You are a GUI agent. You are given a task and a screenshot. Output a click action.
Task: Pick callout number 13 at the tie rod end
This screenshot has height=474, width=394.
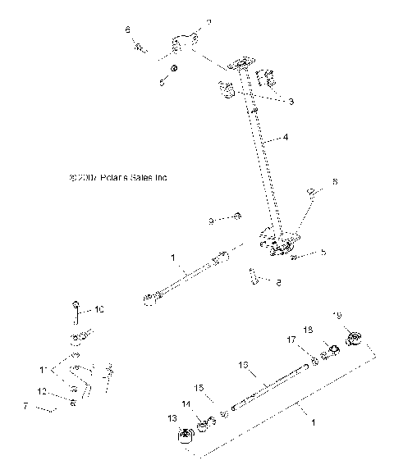click(x=172, y=418)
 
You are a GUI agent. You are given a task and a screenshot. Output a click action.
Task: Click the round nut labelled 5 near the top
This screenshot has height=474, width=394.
click(x=174, y=66)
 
